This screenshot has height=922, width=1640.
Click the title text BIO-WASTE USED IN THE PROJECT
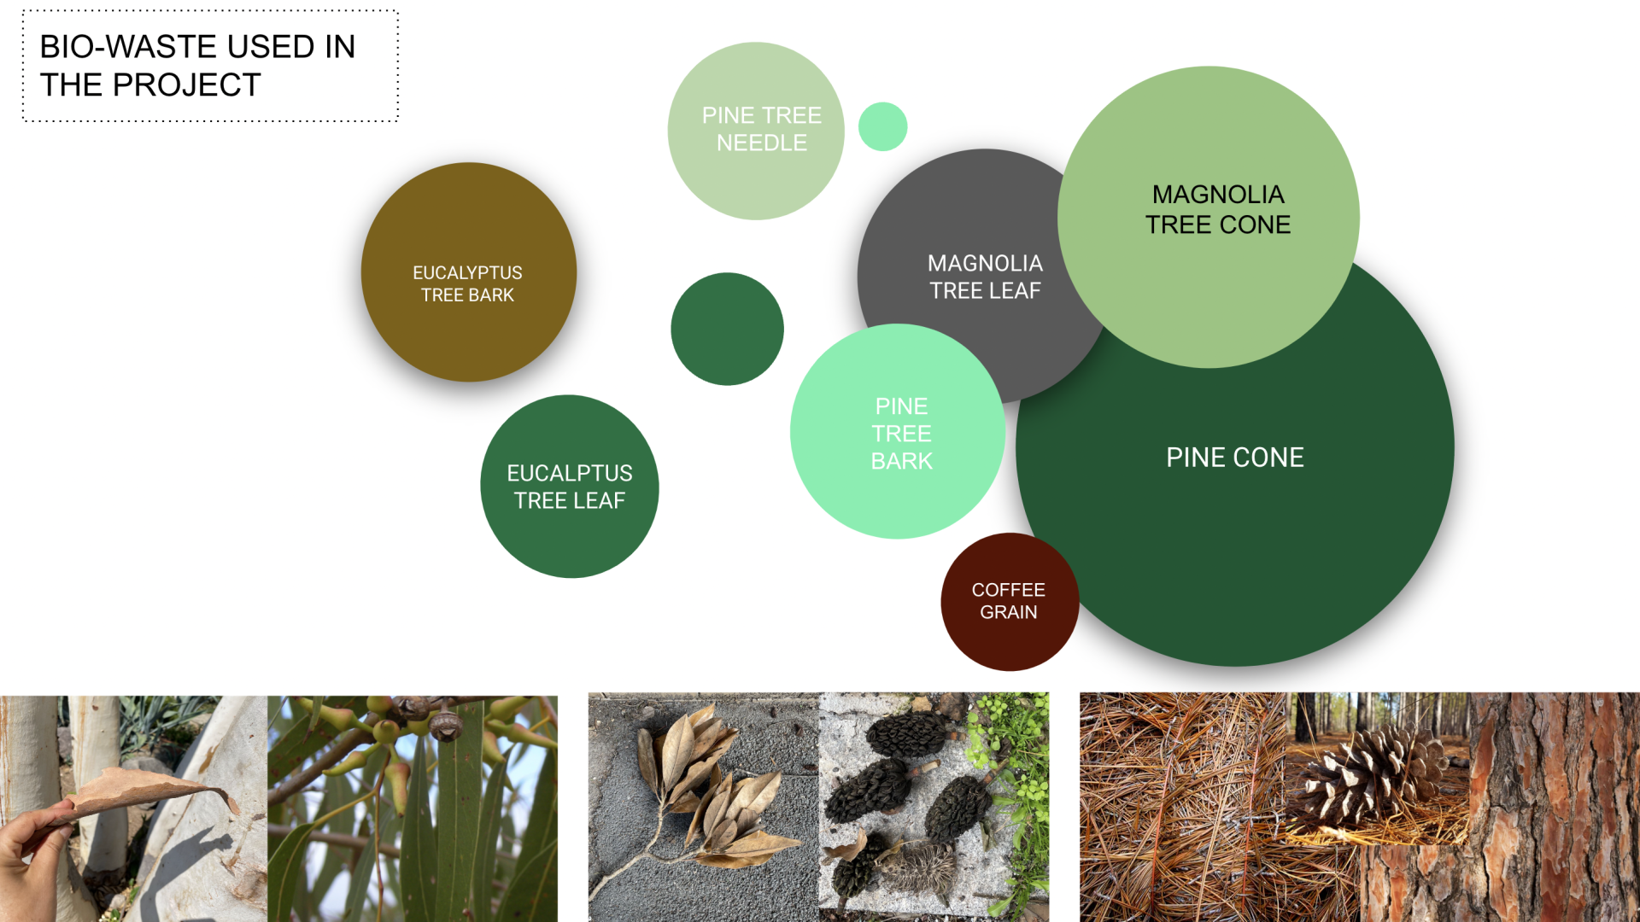tap(197, 66)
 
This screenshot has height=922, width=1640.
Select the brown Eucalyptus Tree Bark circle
tap(469, 271)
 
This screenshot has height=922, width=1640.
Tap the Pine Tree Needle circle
tap(756, 131)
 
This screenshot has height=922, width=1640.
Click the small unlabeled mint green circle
tap(882, 126)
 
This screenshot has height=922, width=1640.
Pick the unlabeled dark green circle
tap(727, 329)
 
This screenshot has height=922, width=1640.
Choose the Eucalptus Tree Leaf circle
tap(570, 487)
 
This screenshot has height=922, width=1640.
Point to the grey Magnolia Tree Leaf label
tap(985, 277)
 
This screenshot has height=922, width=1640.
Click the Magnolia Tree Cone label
tap(1218, 209)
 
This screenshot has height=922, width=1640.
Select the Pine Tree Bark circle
tap(898, 431)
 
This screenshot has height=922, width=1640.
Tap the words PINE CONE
tap(1235, 458)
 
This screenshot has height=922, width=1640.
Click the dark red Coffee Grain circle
tap(1010, 602)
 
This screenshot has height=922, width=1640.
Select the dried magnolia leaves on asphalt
tap(709, 794)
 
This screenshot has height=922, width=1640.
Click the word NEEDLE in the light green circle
tap(762, 143)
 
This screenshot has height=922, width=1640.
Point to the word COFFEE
tap(1009, 590)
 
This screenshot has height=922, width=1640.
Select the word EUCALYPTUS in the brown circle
tap(467, 273)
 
